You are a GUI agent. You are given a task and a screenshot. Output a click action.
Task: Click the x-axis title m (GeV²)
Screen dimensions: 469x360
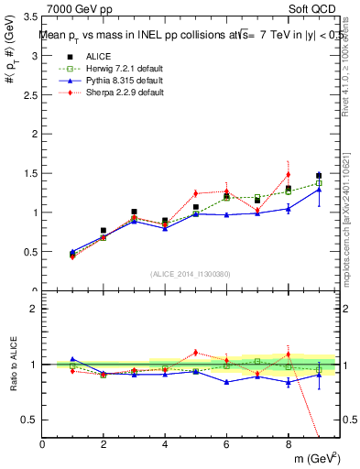(x=315, y=458)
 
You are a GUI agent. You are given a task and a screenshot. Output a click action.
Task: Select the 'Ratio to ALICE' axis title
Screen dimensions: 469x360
(x=13, y=365)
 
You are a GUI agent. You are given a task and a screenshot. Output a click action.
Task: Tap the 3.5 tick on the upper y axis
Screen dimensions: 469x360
(x=29, y=17)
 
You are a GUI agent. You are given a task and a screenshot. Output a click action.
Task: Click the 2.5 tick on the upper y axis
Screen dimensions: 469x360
(x=29, y=95)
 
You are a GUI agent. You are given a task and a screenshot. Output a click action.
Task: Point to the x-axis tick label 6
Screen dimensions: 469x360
(x=226, y=445)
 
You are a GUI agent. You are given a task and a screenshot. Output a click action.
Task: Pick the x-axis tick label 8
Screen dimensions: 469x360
(x=288, y=445)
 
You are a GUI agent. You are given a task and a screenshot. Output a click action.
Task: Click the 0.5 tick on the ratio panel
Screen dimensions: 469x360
(x=29, y=420)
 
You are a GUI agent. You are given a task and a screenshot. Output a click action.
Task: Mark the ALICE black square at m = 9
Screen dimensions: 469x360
(x=319, y=176)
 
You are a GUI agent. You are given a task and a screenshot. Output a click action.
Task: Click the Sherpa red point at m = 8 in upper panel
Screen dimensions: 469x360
(x=288, y=174)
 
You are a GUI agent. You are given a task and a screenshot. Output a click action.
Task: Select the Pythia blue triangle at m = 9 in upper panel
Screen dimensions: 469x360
(x=319, y=190)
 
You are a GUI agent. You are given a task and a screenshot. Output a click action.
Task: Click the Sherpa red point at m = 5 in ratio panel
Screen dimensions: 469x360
(x=195, y=352)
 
